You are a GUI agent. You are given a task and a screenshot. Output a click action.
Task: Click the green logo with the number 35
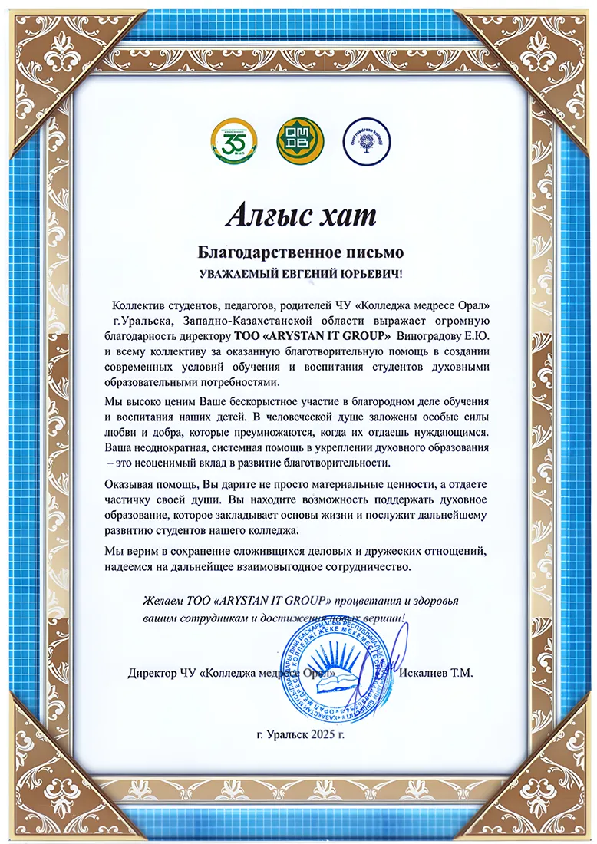pyautogui.click(x=230, y=140)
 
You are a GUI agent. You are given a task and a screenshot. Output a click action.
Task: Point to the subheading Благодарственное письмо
pyautogui.click(x=301, y=251)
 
